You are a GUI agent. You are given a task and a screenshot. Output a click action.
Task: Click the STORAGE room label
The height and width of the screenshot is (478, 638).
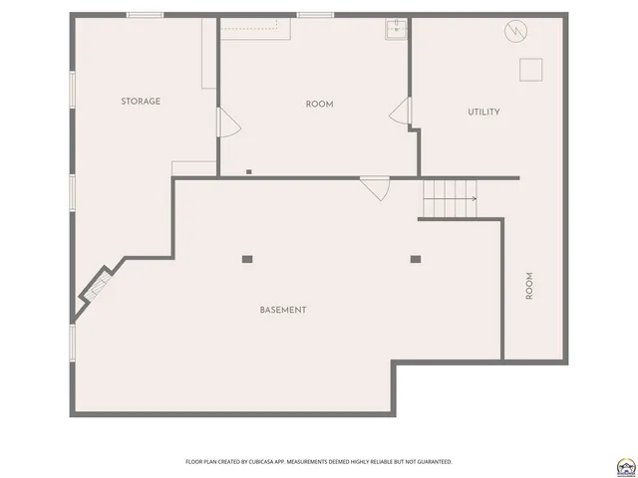[x=141, y=102]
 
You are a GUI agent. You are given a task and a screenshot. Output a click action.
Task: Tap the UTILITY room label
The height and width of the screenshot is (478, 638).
[x=483, y=113]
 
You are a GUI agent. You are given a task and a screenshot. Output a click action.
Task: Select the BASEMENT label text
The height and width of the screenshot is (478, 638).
[x=283, y=311]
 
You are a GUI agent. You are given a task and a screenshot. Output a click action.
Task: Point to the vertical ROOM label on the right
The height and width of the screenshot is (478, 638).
[x=529, y=287]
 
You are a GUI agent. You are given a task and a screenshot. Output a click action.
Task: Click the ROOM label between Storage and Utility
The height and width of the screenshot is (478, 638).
[x=319, y=105]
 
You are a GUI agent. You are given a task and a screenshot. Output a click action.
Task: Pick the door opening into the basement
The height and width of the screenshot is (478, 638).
[x=375, y=187]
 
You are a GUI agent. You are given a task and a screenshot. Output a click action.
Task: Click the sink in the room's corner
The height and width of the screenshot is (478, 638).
[x=397, y=28]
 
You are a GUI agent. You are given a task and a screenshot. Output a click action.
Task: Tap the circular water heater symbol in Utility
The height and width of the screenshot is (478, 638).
[x=514, y=32]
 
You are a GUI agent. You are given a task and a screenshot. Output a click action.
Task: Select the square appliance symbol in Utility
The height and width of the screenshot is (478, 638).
[x=530, y=69]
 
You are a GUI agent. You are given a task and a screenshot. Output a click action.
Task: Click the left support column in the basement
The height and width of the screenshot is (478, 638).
[x=247, y=260]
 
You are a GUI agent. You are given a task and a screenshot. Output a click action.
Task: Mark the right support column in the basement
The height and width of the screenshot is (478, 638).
[x=415, y=260]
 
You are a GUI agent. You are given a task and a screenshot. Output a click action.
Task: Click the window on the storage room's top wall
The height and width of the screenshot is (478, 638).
[x=145, y=15]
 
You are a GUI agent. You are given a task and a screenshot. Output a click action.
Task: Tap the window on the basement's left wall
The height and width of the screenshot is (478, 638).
[x=71, y=342]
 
